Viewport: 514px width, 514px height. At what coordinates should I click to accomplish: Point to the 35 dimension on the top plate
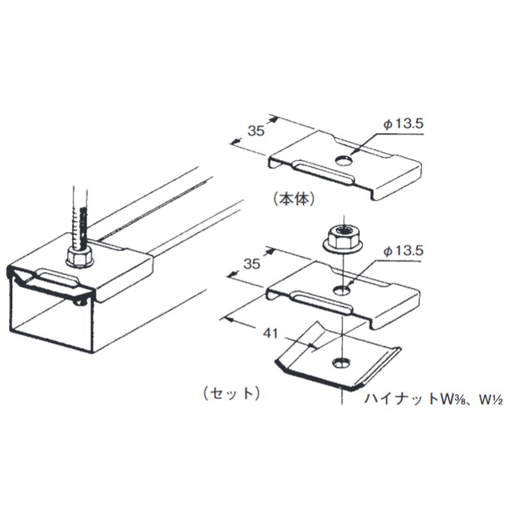coord(256,131)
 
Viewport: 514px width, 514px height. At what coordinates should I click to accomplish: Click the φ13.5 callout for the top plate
coord(404,124)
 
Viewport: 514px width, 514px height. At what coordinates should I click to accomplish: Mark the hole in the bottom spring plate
coord(342,364)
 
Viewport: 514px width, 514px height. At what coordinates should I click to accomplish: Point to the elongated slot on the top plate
coord(324,173)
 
